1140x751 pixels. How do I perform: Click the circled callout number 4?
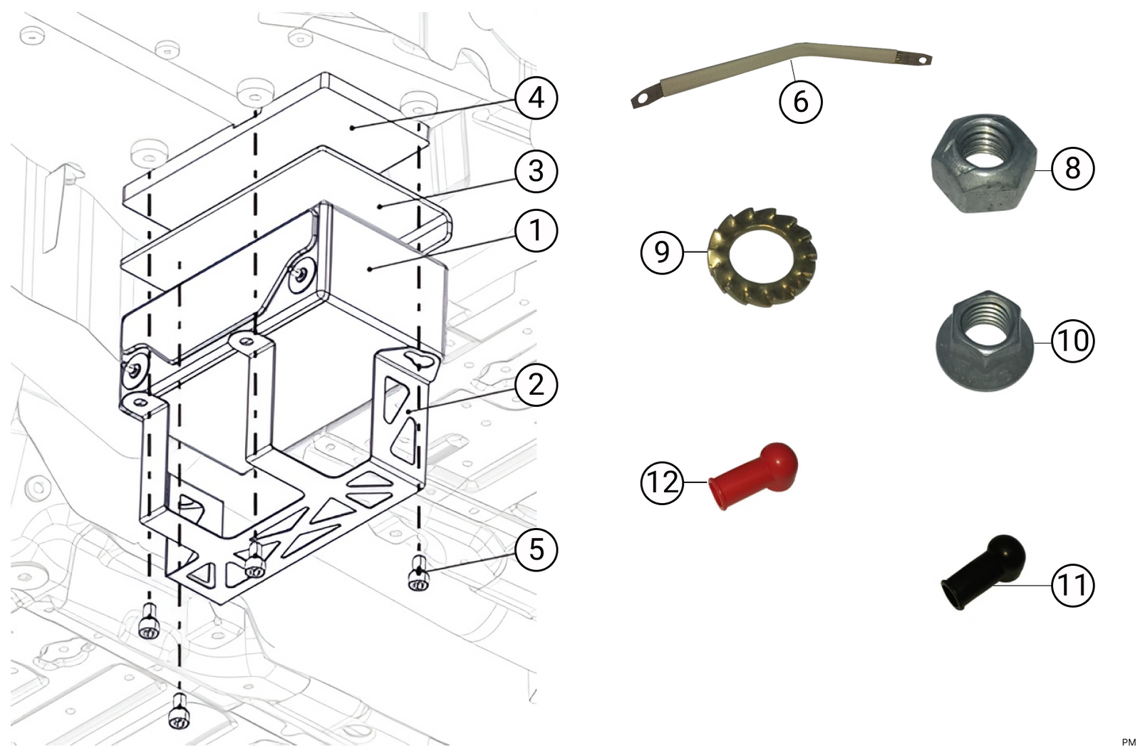(536, 98)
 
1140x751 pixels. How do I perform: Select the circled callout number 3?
(536, 171)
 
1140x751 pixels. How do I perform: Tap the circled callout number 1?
(536, 230)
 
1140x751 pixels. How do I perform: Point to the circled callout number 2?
(536, 384)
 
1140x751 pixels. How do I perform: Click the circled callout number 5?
(536, 549)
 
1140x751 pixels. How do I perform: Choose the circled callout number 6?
(801, 101)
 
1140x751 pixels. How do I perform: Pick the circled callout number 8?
(1072, 168)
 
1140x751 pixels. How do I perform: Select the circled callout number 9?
(662, 252)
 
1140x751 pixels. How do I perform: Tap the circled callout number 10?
(1072, 341)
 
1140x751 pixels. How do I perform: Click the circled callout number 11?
(1072, 585)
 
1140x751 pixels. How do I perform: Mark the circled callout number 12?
(662, 482)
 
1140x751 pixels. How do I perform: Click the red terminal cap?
(753, 476)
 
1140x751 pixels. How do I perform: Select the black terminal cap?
(983, 571)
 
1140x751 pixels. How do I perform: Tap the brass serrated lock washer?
(762, 257)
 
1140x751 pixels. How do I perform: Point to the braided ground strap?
(781, 76)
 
